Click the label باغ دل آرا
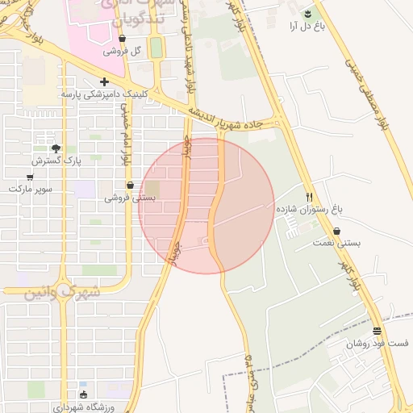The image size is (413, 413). tap(307, 27)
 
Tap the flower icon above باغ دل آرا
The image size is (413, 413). tap(307, 14)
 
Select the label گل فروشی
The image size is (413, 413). tap(123, 50)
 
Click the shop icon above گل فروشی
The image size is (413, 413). tap(122, 38)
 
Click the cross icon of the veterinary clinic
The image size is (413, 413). tap(103, 81)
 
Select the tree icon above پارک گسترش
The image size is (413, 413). tap(56, 148)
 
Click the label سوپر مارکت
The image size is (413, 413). tap(31, 188)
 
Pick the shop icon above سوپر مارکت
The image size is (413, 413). tap(31, 176)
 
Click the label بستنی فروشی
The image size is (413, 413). tap(130, 197)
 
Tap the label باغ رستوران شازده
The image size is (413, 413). tap(310, 209)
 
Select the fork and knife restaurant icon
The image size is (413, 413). tap(310, 196)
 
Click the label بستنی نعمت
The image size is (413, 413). tap(337, 242)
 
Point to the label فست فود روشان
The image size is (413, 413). tap(378, 344)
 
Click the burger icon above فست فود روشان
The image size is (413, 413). tap(378, 331)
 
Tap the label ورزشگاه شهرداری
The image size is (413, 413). tap(85, 407)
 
